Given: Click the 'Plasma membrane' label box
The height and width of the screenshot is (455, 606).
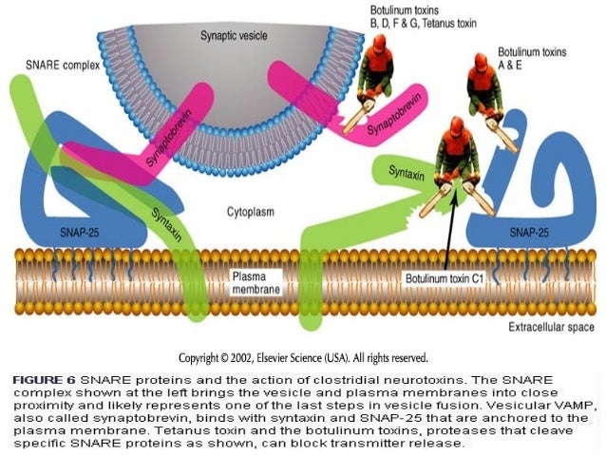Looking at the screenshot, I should (x=256, y=279).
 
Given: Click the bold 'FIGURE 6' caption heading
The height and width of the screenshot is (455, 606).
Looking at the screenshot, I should (x=44, y=379).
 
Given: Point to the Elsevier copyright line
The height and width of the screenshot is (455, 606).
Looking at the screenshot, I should (x=303, y=358).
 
